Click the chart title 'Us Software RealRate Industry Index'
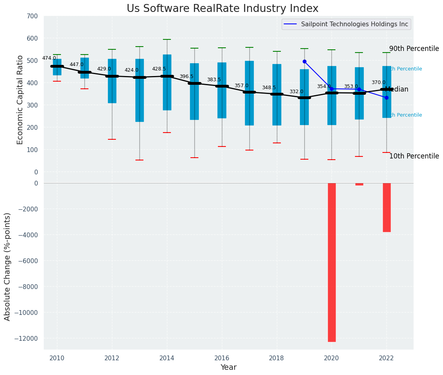tap(222, 9)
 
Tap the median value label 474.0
tap(49, 59)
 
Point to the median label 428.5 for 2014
tap(159, 69)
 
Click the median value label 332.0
tap(296, 92)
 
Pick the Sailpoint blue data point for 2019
tap(304, 62)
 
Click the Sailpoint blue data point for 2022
tap(386, 98)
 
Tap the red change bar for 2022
tap(386, 207)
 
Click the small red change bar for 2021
tap(359, 184)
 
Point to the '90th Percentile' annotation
tap(414, 49)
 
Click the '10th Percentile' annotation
tap(414, 156)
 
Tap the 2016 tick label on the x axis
tap(221, 358)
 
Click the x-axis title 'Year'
tap(229, 367)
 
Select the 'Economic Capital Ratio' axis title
tap(20, 100)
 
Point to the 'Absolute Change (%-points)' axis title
tap(8, 266)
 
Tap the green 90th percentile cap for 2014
tap(167, 39)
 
